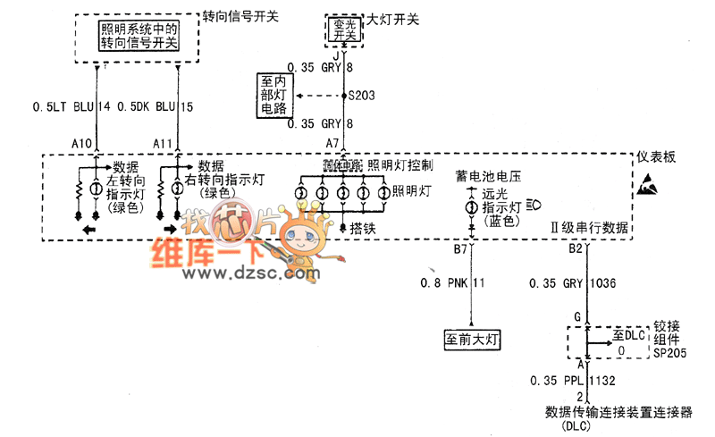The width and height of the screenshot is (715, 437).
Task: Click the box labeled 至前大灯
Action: click(x=471, y=340)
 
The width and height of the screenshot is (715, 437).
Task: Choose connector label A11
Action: click(x=164, y=143)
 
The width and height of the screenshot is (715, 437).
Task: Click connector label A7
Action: click(x=332, y=143)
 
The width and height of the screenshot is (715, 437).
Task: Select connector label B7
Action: click(x=461, y=249)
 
